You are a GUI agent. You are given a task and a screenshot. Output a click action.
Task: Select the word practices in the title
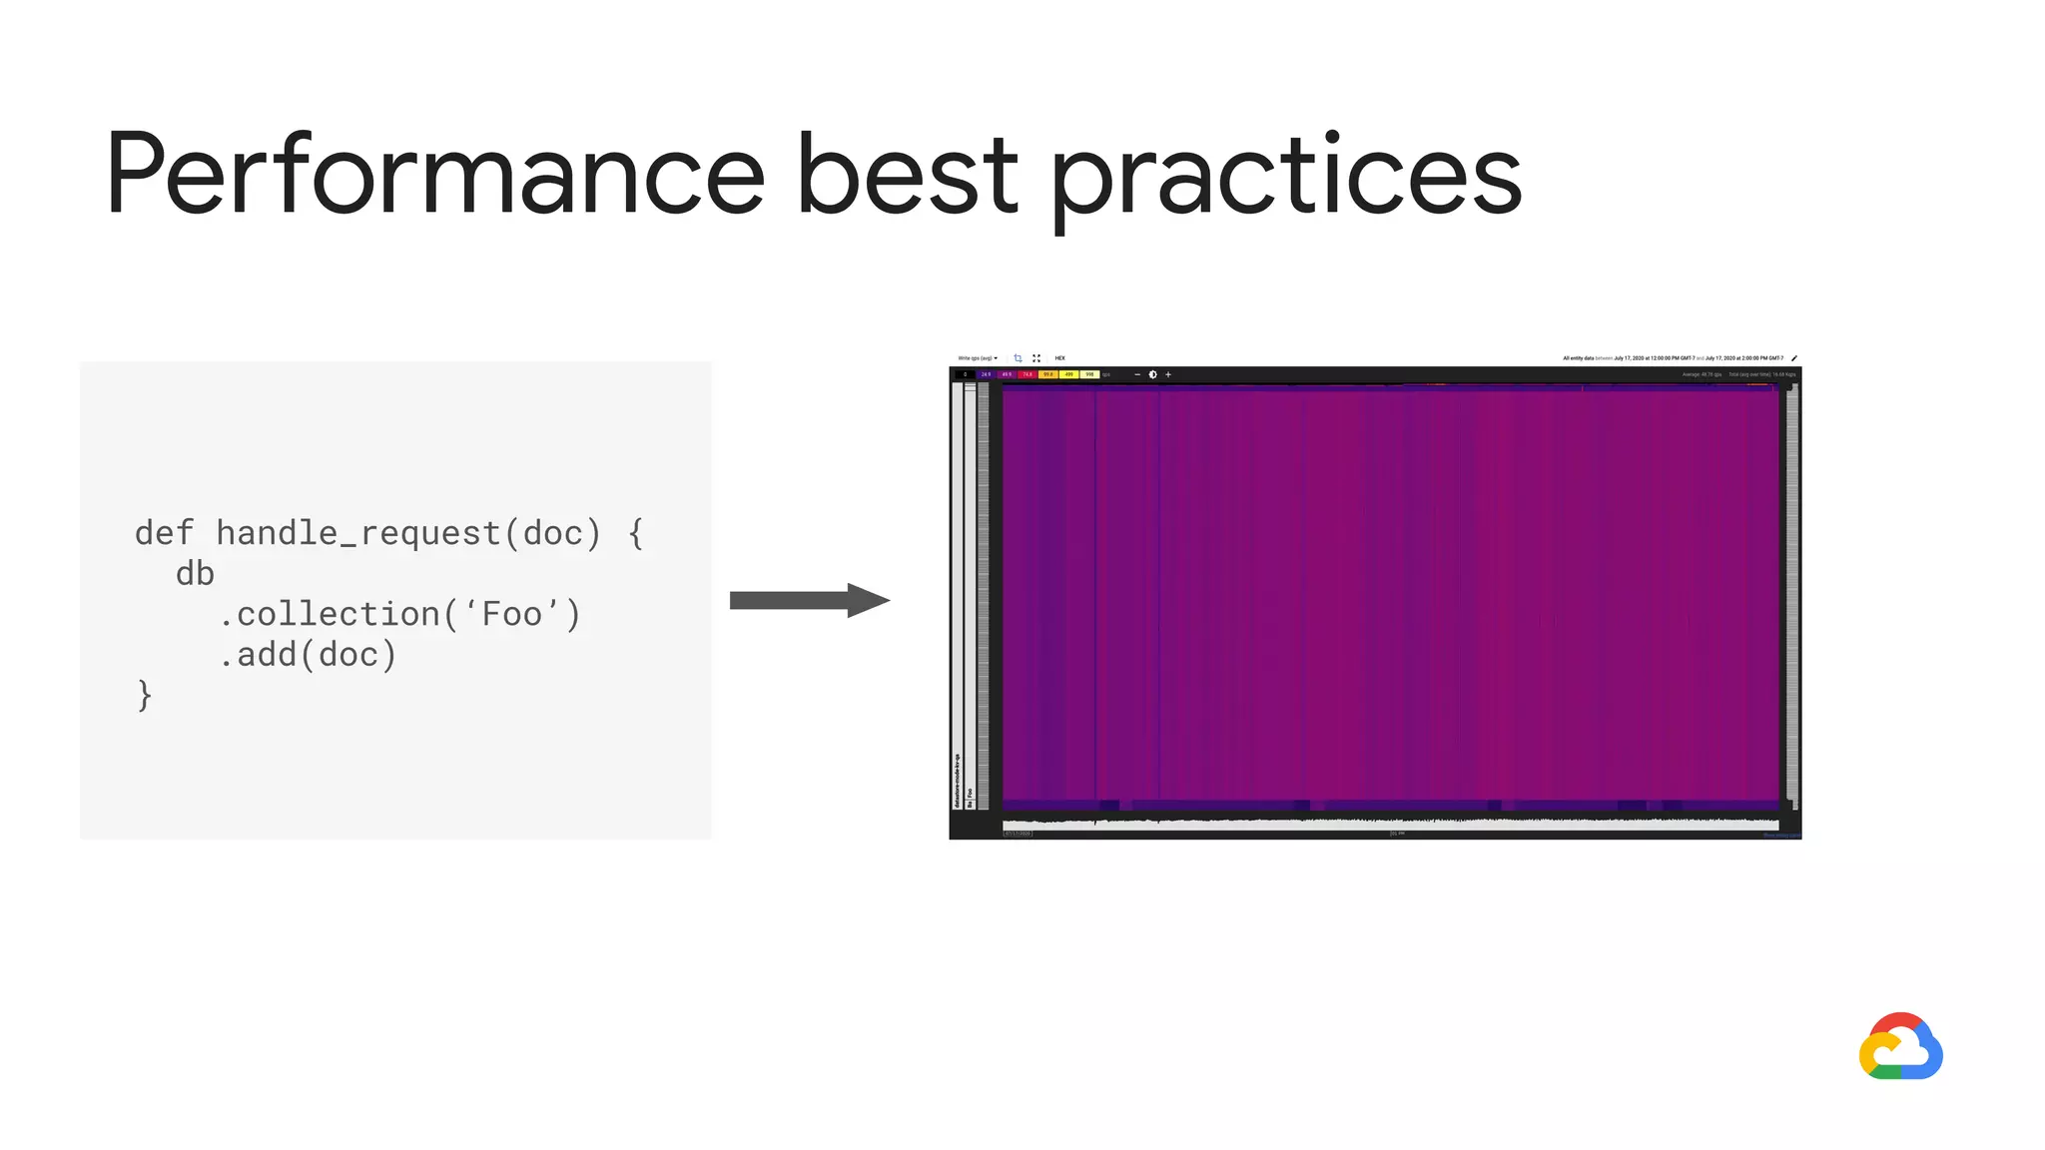(1286, 177)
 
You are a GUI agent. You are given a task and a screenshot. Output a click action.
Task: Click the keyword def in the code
(164, 533)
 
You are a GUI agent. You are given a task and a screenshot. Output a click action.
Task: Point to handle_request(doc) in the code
(408, 533)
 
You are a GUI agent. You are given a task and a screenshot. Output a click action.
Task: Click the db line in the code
(195, 574)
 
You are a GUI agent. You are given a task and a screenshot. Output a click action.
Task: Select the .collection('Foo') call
(399, 614)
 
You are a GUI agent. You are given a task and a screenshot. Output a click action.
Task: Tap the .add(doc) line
(308, 655)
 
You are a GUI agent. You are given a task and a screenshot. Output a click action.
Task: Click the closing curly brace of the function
(145, 695)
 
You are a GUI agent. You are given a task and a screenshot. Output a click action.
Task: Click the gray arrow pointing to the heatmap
(809, 600)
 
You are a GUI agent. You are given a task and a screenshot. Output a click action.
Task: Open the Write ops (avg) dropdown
(978, 358)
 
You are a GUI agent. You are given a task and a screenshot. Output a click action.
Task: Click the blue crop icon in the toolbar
(1018, 358)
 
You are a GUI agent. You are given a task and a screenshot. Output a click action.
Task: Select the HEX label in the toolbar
(1060, 358)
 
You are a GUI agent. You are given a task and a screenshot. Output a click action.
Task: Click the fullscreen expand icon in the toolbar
(1036, 358)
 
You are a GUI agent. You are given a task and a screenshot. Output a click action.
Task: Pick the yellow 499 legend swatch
(1068, 374)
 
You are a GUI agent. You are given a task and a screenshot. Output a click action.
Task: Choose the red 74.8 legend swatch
(1027, 374)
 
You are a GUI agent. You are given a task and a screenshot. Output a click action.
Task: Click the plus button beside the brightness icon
(1168, 374)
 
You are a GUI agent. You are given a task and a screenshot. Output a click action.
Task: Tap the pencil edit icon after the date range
(1794, 358)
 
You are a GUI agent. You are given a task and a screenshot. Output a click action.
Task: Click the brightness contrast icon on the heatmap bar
(1152, 374)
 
